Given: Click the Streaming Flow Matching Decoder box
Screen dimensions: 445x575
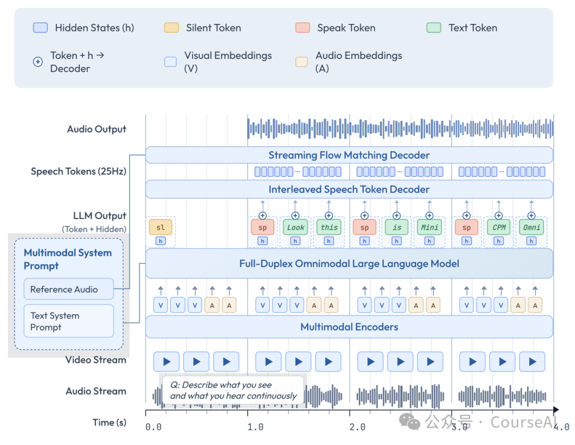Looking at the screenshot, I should click(349, 155).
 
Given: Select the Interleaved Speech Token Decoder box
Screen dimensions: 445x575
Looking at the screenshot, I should click(349, 189).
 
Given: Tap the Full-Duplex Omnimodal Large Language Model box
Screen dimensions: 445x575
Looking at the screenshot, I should click(349, 263).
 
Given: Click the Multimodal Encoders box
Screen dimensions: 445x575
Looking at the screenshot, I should click(349, 327).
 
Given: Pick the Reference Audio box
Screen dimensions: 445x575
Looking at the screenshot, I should click(69, 289).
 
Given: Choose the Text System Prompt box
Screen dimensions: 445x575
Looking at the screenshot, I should click(69, 321).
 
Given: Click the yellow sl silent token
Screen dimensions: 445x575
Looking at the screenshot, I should click(160, 227).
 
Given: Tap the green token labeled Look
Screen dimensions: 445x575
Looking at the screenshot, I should click(295, 227).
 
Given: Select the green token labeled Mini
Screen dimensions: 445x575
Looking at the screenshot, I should click(430, 227).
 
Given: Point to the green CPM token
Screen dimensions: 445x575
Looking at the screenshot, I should click(499, 227).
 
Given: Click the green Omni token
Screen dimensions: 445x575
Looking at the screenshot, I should click(531, 227).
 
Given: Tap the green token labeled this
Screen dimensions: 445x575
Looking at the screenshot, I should click(328, 227).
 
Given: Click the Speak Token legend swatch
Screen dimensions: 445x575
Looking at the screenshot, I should click(302, 28).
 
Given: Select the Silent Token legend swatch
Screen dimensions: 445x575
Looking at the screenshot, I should click(171, 28).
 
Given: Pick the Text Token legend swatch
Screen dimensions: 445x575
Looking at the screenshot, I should click(433, 28).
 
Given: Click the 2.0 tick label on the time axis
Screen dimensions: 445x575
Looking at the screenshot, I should click(357, 426).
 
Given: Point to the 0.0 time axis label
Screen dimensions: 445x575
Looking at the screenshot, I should click(153, 426).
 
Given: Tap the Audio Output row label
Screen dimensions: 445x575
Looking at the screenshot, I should click(96, 129).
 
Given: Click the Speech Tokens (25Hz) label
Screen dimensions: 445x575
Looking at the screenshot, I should click(78, 171).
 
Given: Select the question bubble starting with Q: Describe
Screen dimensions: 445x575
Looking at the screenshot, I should click(233, 391).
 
